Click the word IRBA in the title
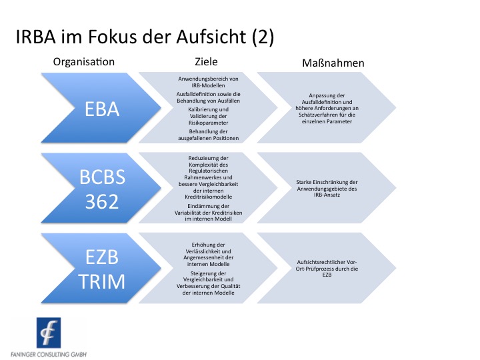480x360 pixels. pos(35,37)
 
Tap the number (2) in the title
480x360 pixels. pos(263,37)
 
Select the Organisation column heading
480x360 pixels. pos(84,62)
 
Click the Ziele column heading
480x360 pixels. pos(206,61)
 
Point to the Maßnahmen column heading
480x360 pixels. pos(333,63)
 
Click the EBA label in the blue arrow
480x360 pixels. pos(102,109)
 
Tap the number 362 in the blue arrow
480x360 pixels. pos(102,201)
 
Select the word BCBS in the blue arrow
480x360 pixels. pos(102,177)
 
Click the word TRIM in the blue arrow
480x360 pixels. pos(101,281)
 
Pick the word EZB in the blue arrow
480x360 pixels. pos(102,257)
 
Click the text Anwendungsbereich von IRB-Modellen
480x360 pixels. pos(208,82)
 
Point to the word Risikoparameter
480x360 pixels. pos(208,123)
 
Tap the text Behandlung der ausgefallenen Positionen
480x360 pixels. pos(208,135)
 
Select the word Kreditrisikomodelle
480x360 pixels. pos(208,197)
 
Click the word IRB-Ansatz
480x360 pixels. pos(327,195)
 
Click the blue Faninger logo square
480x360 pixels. pos(49,333)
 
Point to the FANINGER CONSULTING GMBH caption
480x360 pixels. pos(49,354)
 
